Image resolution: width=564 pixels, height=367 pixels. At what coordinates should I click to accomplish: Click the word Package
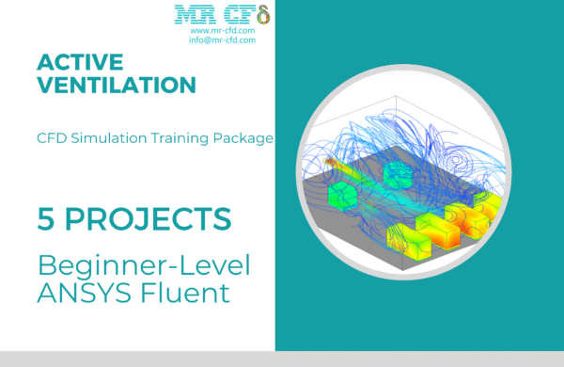[x=243, y=138]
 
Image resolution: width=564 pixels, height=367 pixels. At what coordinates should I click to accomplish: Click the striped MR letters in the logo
[x=191, y=14]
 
